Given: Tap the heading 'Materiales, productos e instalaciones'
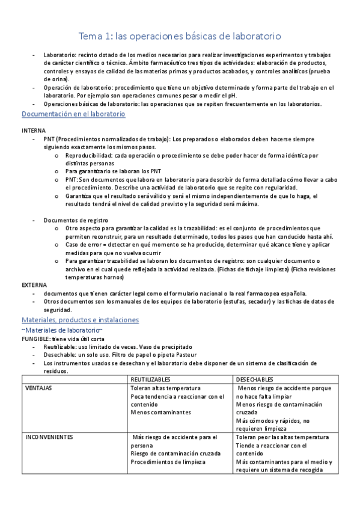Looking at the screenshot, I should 80,320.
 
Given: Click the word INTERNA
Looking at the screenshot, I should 34,131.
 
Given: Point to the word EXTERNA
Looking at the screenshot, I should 34,284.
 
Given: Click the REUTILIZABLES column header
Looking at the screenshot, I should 151,380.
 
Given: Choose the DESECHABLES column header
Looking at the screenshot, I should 255,380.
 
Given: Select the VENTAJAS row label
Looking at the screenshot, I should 38,389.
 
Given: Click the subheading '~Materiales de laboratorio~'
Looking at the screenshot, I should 62,331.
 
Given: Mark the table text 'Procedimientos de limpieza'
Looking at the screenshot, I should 168,462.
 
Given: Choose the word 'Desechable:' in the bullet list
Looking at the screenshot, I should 60,355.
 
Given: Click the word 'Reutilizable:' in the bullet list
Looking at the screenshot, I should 62,347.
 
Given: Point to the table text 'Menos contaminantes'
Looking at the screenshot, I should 160,413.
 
